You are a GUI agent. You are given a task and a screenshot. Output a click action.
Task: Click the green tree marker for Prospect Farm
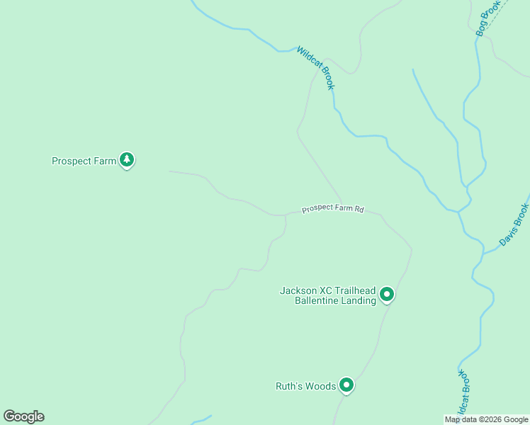[x=127, y=160]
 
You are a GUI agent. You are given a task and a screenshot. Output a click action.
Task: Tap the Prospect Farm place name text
[x=84, y=161]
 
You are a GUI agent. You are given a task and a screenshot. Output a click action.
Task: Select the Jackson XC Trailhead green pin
[x=386, y=293]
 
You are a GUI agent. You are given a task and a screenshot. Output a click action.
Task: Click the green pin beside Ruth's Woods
[x=346, y=385]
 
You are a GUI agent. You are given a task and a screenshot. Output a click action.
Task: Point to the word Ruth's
[x=290, y=386]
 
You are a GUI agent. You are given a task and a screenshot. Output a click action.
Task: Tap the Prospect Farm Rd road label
[x=332, y=209]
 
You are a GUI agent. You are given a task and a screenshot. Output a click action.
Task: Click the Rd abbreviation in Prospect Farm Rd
[x=359, y=209]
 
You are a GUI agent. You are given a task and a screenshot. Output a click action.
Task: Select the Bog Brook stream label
[x=488, y=18]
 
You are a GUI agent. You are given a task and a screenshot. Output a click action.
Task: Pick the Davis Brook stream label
[x=514, y=225]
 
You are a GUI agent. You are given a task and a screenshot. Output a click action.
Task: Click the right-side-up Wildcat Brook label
[x=315, y=68]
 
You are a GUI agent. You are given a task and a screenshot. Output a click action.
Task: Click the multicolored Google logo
[x=23, y=416]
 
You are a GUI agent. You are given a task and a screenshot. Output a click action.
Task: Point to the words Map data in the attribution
[x=461, y=419]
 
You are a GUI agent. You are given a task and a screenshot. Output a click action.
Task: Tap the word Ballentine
[x=317, y=300]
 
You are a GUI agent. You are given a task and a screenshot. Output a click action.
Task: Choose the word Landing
[x=358, y=300]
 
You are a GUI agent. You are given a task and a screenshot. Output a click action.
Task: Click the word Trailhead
[x=354, y=290]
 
